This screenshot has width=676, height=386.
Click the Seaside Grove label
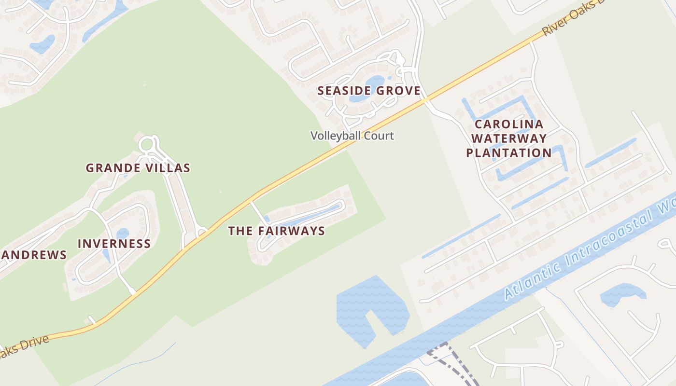pos(369,91)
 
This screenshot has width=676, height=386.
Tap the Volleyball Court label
pos(352,136)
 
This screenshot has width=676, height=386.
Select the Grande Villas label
pos(138,168)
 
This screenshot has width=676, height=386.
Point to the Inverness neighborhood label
pos(114,244)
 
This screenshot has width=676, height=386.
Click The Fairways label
pos(276,231)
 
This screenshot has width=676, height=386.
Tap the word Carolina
pos(509,124)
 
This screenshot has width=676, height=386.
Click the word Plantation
pos(509,153)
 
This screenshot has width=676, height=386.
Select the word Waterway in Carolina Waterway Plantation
pos(509,138)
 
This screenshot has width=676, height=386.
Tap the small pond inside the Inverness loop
pos(123,234)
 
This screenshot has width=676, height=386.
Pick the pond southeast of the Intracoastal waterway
pos(620,293)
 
